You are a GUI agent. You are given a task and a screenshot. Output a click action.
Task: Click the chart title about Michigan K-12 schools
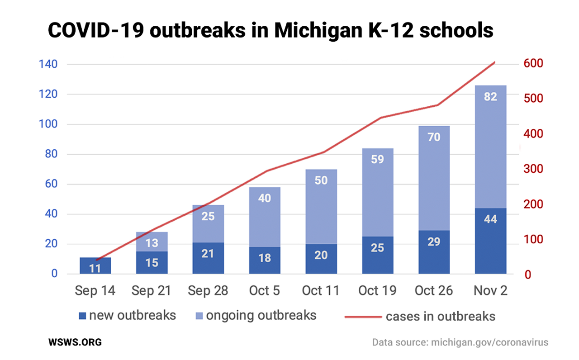coord(271,31)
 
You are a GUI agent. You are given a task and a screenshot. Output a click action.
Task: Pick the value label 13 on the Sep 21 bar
coord(152,243)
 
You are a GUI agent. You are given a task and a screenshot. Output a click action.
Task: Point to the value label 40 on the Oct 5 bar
coord(265,198)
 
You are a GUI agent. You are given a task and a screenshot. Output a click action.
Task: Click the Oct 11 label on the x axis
coord(321,290)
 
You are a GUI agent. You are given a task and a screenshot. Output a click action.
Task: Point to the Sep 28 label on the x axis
coord(208,290)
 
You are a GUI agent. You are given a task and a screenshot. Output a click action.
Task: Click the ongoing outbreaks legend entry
coord(256,315)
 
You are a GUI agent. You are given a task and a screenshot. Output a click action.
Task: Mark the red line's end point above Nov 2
coord(495,62)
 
